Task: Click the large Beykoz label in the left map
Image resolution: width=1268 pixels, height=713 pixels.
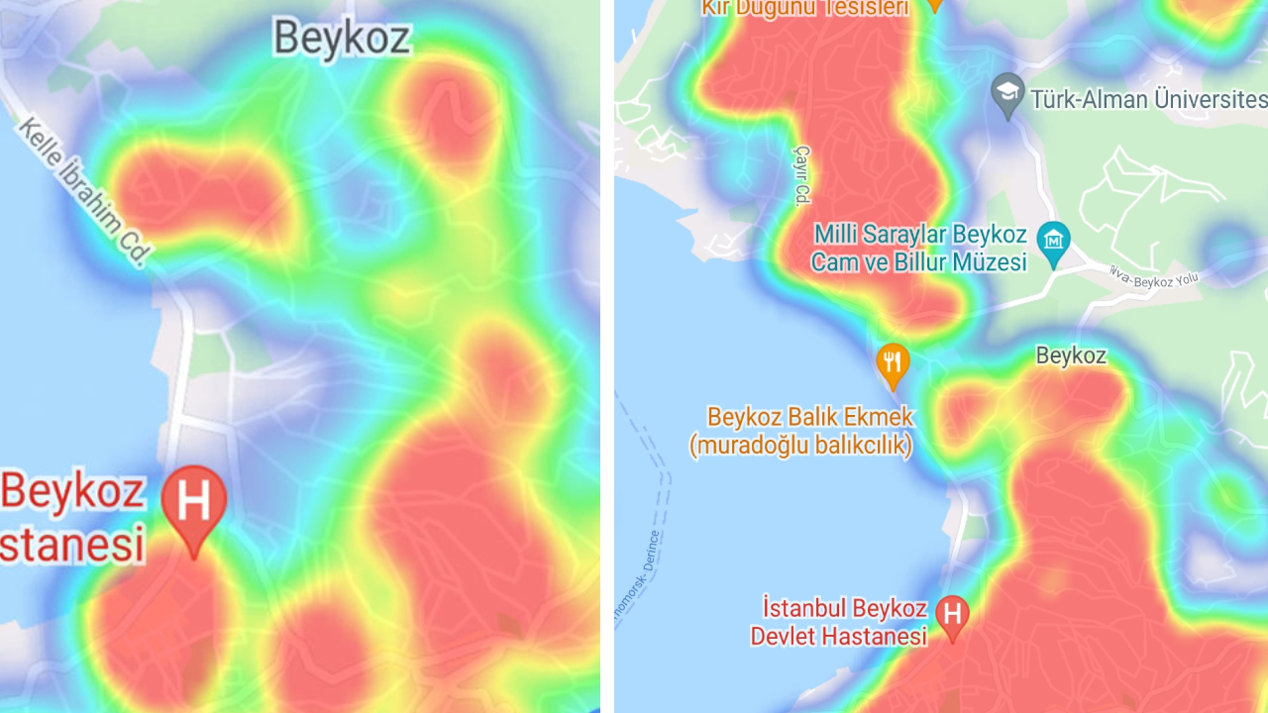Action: click(341, 38)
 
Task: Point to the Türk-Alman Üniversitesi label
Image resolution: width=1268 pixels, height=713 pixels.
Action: click(1147, 99)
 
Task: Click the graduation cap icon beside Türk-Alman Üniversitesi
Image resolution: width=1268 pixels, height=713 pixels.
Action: click(1007, 94)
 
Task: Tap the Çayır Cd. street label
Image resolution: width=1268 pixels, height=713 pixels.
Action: click(801, 174)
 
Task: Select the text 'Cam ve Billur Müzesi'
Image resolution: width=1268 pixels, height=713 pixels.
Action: click(918, 262)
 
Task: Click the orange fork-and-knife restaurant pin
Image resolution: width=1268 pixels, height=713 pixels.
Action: click(893, 363)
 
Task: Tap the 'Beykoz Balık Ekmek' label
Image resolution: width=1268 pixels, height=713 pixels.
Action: click(810, 417)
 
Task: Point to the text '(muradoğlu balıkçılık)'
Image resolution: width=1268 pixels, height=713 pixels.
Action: click(800, 445)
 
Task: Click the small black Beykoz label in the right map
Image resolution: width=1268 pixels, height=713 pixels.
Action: click(1071, 356)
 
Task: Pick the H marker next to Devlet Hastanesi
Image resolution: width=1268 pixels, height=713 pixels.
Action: click(952, 615)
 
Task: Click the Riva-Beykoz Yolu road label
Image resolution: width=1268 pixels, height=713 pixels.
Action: click(1155, 278)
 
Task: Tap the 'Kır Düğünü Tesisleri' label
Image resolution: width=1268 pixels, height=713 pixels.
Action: click(804, 8)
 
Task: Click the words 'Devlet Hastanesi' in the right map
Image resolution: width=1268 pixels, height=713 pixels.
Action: click(838, 636)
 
